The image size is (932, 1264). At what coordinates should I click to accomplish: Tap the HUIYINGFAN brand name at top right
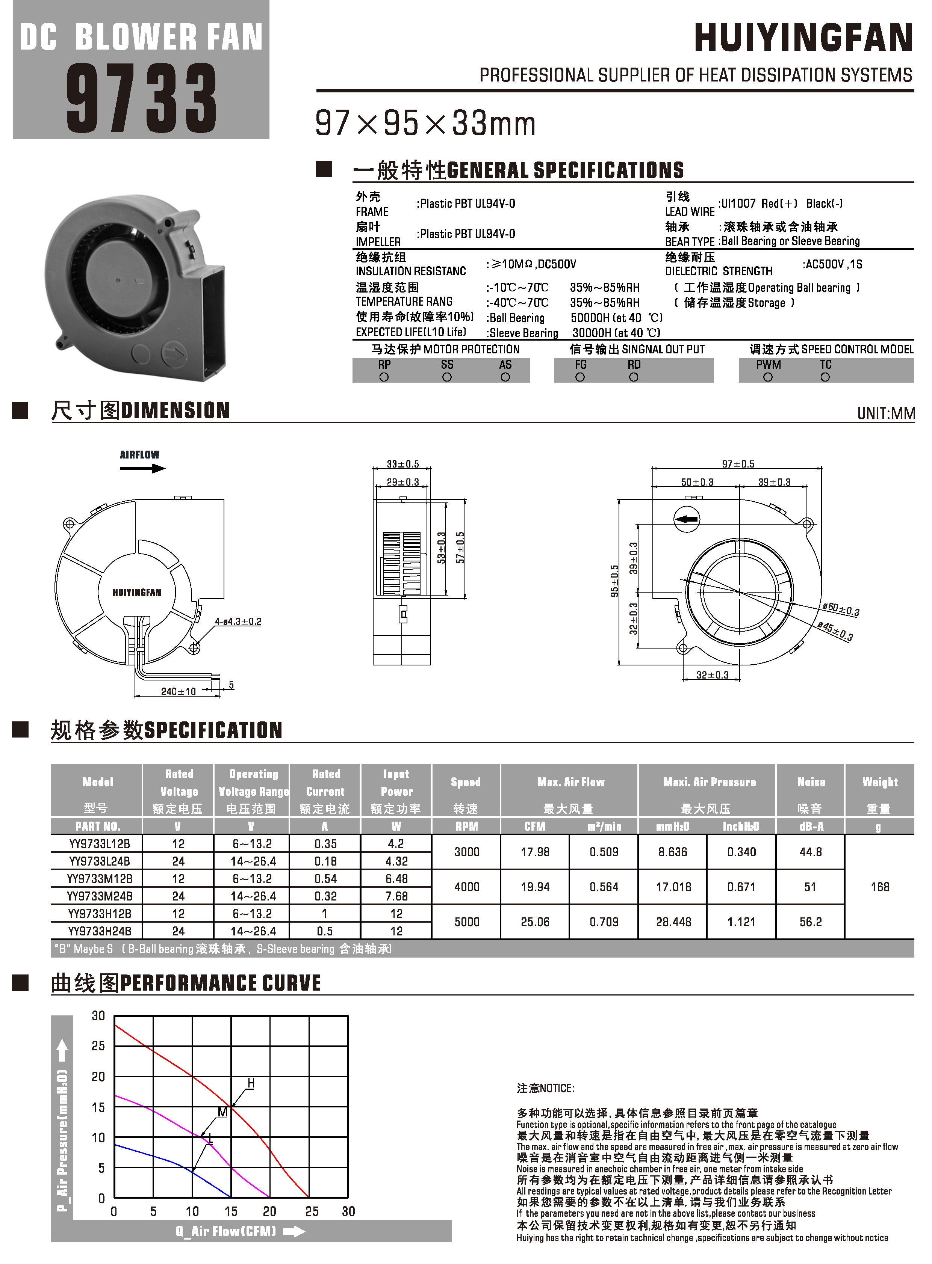pyautogui.click(x=803, y=38)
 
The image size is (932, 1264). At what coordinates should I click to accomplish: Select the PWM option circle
pyautogui.click(x=768, y=377)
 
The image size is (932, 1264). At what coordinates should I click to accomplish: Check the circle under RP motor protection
pyautogui.click(x=384, y=377)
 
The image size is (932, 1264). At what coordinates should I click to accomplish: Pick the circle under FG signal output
pyautogui.click(x=580, y=377)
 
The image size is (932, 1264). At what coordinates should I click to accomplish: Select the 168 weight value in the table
pyautogui.click(x=879, y=887)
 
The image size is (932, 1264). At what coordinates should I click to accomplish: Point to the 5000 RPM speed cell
pyautogui.click(x=467, y=922)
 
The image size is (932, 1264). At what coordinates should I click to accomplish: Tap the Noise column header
pyautogui.click(x=811, y=782)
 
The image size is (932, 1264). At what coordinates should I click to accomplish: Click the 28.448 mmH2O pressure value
pyautogui.click(x=673, y=922)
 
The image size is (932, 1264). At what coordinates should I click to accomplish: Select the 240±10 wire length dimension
pyautogui.click(x=178, y=692)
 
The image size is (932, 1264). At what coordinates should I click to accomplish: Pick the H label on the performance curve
pyautogui.click(x=251, y=1084)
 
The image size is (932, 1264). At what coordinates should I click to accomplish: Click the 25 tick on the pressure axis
pyautogui.click(x=98, y=1046)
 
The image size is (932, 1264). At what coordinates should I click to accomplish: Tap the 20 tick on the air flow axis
pyautogui.click(x=270, y=1211)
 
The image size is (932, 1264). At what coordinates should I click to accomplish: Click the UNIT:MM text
pyautogui.click(x=886, y=413)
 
